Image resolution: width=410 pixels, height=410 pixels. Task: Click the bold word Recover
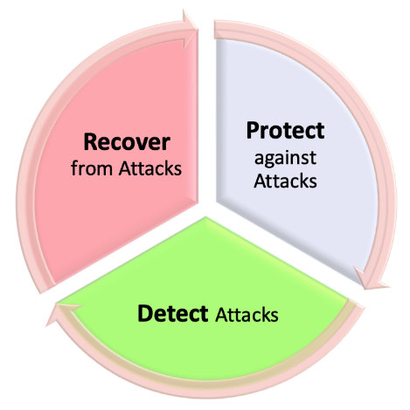(x=127, y=142)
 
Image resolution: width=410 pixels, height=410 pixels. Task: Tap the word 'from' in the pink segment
(x=92, y=167)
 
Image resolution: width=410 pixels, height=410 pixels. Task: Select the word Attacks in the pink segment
(x=150, y=167)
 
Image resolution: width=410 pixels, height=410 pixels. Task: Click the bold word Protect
(x=285, y=131)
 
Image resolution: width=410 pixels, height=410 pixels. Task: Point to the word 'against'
(x=285, y=159)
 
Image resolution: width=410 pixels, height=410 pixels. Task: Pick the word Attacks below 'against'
(x=285, y=181)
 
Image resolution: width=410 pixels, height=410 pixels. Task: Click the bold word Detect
(x=173, y=313)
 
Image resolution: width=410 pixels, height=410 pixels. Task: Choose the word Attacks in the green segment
(x=247, y=314)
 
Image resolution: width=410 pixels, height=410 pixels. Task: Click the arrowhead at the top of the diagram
(x=190, y=29)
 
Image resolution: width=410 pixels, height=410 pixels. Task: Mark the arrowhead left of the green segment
(x=64, y=313)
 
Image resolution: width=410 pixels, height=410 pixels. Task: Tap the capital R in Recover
(x=90, y=142)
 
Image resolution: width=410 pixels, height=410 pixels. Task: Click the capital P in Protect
(x=252, y=131)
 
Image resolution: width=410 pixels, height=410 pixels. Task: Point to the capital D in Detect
(x=144, y=313)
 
